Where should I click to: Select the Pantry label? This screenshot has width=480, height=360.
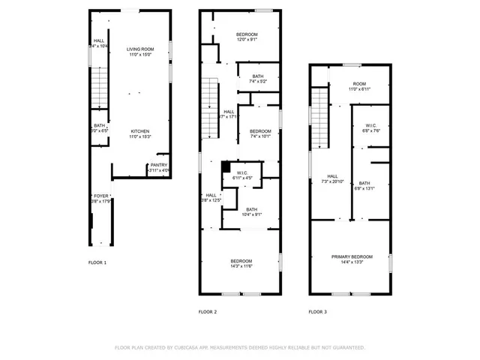pyautogui.click(x=159, y=165)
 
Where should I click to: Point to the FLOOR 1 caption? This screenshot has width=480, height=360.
pyautogui.click(x=97, y=262)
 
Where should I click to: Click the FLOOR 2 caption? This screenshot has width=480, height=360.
pyautogui.click(x=208, y=311)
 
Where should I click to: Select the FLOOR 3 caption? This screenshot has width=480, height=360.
pyautogui.click(x=318, y=311)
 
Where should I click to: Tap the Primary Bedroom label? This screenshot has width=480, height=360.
pyautogui.click(x=351, y=256)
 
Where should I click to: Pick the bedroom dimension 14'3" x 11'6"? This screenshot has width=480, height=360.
pyautogui.click(x=241, y=266)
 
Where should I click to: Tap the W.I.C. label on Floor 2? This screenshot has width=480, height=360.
pyautogui.click(x=242, y=173)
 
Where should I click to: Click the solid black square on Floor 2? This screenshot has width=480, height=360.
pyautogui.click(x=225, y=166)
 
